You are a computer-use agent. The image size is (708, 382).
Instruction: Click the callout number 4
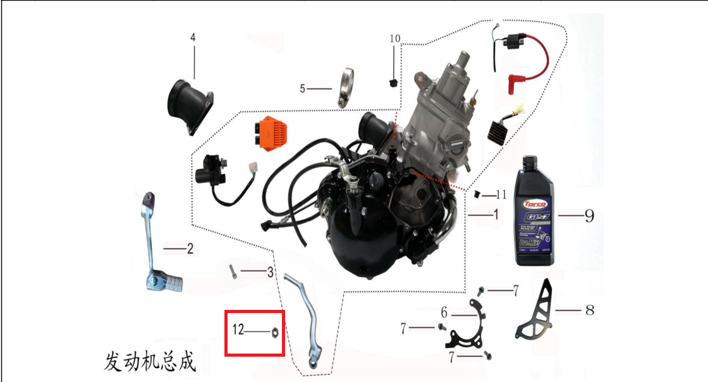pos(193,37)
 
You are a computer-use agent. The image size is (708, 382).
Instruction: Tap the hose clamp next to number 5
pos(345,88)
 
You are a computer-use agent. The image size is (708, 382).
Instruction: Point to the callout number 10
pos(394,39)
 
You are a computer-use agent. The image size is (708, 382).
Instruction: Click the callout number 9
pos(589,216)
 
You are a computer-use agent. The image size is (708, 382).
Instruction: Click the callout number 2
pos(190,249)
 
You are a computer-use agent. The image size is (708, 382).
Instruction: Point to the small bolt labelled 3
pos(233,272)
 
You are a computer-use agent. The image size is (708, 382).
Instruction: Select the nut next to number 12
pos(275,331)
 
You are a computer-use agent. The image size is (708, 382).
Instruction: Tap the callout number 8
pos(590,310)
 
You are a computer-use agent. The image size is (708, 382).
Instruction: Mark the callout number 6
pos(444,312)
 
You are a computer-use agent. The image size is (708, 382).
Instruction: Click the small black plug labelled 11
pos(478,194)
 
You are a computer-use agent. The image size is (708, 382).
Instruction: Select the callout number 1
pos(496,215)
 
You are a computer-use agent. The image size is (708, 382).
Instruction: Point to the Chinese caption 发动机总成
pos(150,362)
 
